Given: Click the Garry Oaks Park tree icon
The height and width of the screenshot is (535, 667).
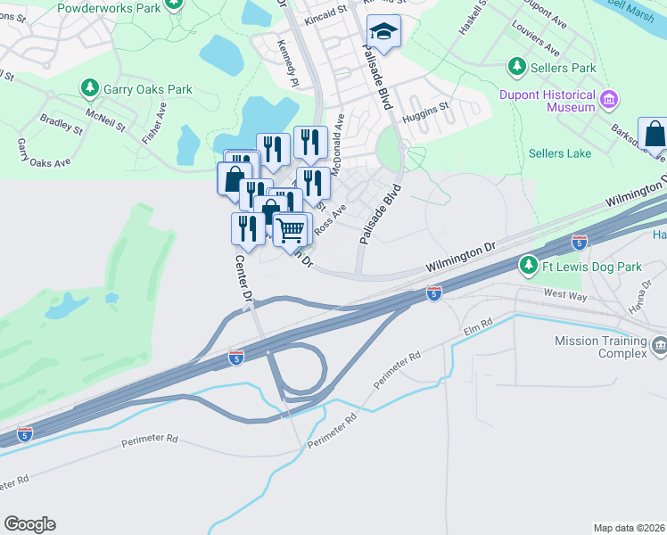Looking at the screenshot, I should pyautogui.click(x=89, y=88).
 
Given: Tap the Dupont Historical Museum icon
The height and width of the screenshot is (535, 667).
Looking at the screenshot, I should pyautogui.click(x=610, y=97).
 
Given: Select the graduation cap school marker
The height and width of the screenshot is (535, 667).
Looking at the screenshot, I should pyautogui.click(x=384, y=32).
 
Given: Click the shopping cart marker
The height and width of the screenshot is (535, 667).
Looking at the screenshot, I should pyautogui.click(x=292, y=230).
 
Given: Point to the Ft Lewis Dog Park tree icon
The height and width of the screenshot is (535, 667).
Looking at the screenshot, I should pyautogui.click(x=528, y=266).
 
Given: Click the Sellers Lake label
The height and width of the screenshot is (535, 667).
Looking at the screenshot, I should pyautogui.click(x=559, y=153).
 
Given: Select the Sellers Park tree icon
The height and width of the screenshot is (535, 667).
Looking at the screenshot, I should pyautogui.click(x=516, y=67).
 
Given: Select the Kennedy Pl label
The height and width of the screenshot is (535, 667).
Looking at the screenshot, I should pyautogui.click(x=286, y=62).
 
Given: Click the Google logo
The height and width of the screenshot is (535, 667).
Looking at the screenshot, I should pyautogui.click(x=29, y=524).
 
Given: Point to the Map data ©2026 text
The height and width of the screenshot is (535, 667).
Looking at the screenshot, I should pyautogui.click(x=629, y=528).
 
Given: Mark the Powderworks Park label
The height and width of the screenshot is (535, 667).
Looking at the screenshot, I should pyautogui.click(x=108, y=7).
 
